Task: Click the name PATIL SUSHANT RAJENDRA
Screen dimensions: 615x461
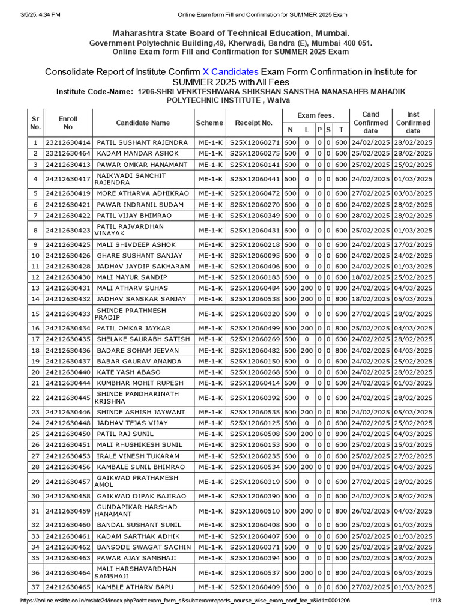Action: pos(142,142)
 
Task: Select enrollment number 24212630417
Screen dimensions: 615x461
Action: pos(68,179)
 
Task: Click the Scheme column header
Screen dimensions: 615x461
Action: pos(209,123)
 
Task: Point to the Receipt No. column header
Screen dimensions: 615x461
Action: pos(254,123)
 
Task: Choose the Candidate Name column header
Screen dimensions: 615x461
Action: pos(143,123)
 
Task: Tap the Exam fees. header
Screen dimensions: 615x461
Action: pos(316,115)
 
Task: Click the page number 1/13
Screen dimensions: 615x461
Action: pos(436,601)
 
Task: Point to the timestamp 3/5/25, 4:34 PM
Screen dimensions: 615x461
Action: pos(35,6)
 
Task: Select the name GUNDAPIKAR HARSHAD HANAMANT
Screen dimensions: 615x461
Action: pos(137,510)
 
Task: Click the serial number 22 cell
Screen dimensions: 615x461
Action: pos(35,398)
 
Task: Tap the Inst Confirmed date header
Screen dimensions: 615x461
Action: pos(413,123)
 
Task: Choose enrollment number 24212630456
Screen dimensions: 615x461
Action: pos(68,467)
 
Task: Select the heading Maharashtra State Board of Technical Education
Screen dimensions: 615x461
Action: pos(230,33)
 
